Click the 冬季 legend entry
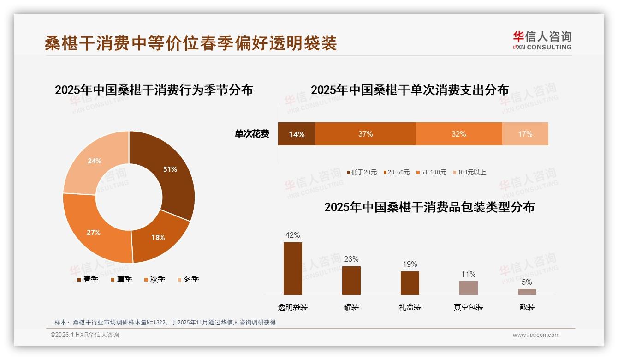tap(188, 279)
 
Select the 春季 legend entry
tap(88, 279)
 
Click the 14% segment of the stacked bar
tap(297, 134)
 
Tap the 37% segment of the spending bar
tap(365, 134)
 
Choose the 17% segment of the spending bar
tap(525, 134)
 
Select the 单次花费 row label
tap(252, 134)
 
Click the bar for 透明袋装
tap(293, 269)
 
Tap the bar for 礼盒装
tap(410, 283)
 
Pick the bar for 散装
tap(527, 292)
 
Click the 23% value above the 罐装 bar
tap(351, 259)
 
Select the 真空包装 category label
tap(468, 307)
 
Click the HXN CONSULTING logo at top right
tap(542, 41)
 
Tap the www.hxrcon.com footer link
tap(536, 335)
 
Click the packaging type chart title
tap(429, 207)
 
